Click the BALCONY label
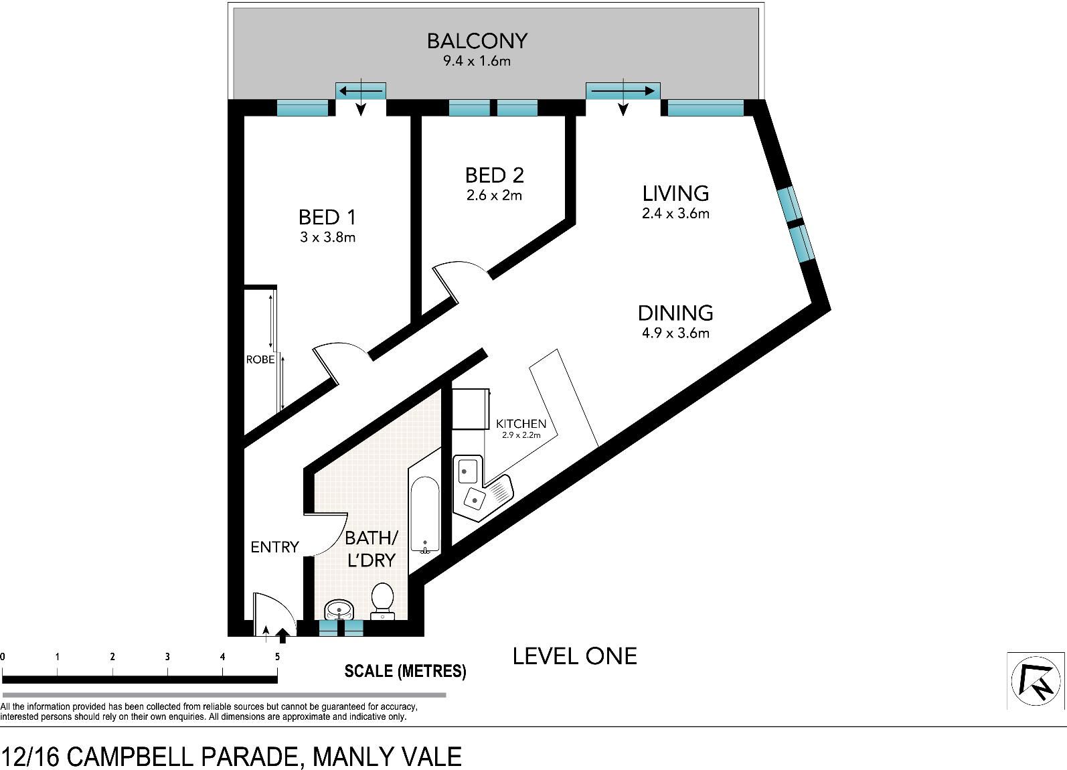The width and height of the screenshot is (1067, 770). (x=477, y=41)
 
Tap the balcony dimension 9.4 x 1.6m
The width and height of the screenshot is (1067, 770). (x=477, y=61)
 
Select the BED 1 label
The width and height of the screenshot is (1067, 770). (x=327, y=218)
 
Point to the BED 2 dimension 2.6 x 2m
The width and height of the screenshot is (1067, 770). (x=495, y=196)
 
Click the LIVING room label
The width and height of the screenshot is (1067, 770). (x=675, y=194)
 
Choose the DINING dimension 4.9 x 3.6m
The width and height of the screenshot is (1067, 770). (x=675, y=333)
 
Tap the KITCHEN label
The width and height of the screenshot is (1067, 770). (x=521, y=424)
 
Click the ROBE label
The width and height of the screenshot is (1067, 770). (x=260, y=360)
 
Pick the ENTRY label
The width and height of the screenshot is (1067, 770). (x=275, y=547)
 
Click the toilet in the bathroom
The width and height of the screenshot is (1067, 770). (x=382, y=602)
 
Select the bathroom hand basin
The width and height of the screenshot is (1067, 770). (x=339, y=609)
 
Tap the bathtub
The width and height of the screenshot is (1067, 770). (x=424, y=516)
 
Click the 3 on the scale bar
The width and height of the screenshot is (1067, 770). (x=167, y=657)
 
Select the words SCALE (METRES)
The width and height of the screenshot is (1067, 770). (x=405, y=672)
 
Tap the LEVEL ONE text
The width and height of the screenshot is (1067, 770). (x=574, y=657)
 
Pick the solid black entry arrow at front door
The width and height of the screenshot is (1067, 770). (x=282, y=635)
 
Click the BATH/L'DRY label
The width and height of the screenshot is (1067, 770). (x=372, y=550)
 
